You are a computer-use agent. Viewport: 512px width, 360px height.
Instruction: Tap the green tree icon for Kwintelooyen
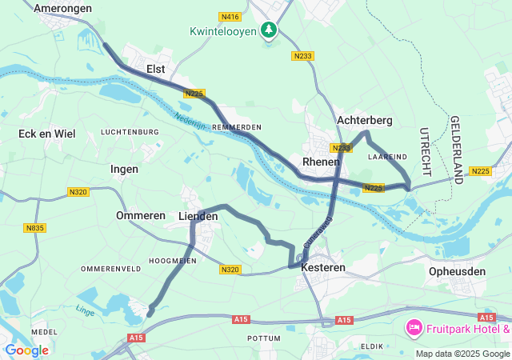(270, 30)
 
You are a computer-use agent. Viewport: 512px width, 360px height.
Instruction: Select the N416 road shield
(229, 16)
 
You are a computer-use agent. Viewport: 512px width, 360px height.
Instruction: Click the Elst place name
(155, 70)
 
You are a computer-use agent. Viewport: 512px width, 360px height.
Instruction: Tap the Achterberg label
(364, 120)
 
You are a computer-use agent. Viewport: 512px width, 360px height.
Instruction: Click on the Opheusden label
(457, 271)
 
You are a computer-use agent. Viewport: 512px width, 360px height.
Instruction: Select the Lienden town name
(198, 217)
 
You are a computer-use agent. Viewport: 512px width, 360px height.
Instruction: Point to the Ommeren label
(140, 216)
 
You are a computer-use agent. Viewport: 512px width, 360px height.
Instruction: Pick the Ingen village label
(124, 169)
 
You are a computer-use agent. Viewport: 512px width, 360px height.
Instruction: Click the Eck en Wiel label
(47, 134)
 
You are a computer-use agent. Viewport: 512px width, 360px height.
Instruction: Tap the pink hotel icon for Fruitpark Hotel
(414, 326)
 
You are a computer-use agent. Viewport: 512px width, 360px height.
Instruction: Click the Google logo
(26, 350)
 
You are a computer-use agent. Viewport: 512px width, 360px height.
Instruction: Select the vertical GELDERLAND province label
(457, 149)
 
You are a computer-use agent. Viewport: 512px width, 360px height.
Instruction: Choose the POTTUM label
(264, 338)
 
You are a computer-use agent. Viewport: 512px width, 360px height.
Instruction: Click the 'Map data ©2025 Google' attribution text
(462, 354)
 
